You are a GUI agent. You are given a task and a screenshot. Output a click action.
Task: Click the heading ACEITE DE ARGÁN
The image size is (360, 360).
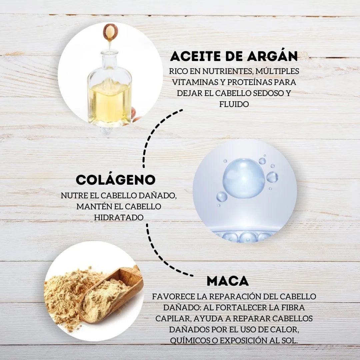click(234, 56)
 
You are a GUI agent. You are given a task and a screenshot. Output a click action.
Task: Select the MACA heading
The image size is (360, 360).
click(228, 281)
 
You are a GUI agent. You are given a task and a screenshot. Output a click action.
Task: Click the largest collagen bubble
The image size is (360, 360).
click(244, 178)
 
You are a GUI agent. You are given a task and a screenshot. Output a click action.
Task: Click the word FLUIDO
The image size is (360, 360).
click(234, 104)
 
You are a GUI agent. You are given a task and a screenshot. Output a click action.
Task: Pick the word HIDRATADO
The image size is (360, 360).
click(119, 217)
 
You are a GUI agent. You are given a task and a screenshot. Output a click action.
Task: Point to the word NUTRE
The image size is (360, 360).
click(72, 196)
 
